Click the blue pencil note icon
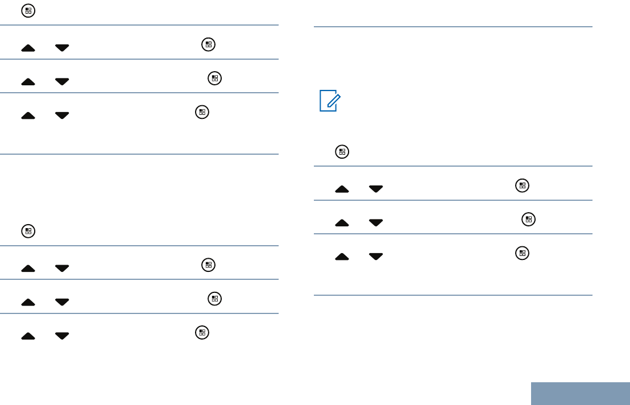click(328, 100)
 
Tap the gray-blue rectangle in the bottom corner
click(581, 394)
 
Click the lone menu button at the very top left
click(27, 10)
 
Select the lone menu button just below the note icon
click(342, 152)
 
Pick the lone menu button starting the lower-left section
click(27, 232)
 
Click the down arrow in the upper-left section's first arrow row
click(62, 48)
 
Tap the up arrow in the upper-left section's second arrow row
click(28, 82)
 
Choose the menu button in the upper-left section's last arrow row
click(201, 112)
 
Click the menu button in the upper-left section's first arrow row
click(208, 44)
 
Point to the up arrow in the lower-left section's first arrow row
click(28, 268)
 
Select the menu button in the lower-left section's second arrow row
click(214, 299)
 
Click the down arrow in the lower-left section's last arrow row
click(62, 336)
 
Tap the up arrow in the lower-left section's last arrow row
click(28, 336)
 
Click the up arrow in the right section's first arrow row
click(342, 189)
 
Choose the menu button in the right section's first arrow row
click(522, 185)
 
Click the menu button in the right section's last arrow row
click(522, 253)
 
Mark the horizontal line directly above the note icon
click(453, 26)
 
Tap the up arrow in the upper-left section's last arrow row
click(28, 115)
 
